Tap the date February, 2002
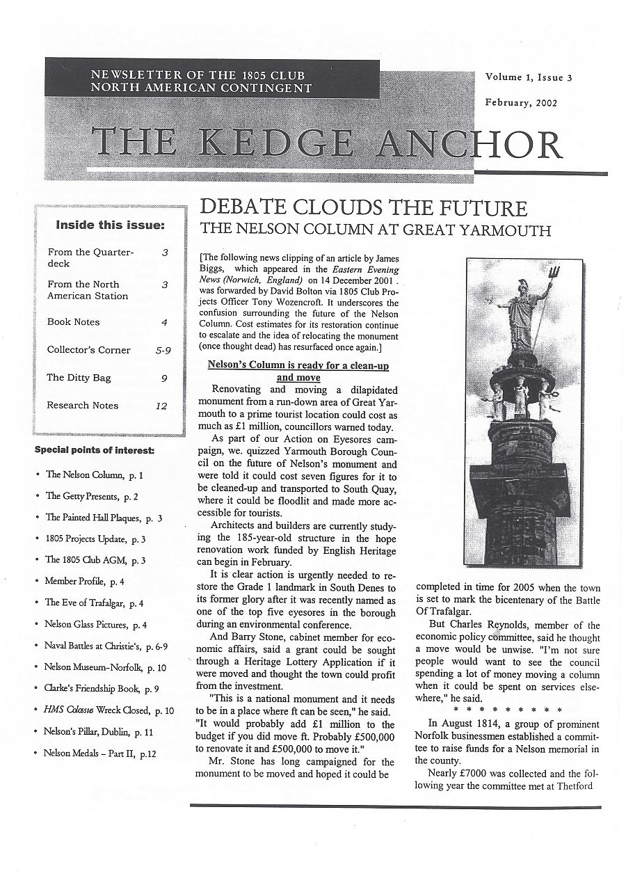point(521,103)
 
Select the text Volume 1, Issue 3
point(529,78)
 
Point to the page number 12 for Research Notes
point(161,406)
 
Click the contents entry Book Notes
point(73,322)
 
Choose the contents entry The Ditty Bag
point(79,378)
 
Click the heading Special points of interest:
point(95,451)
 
